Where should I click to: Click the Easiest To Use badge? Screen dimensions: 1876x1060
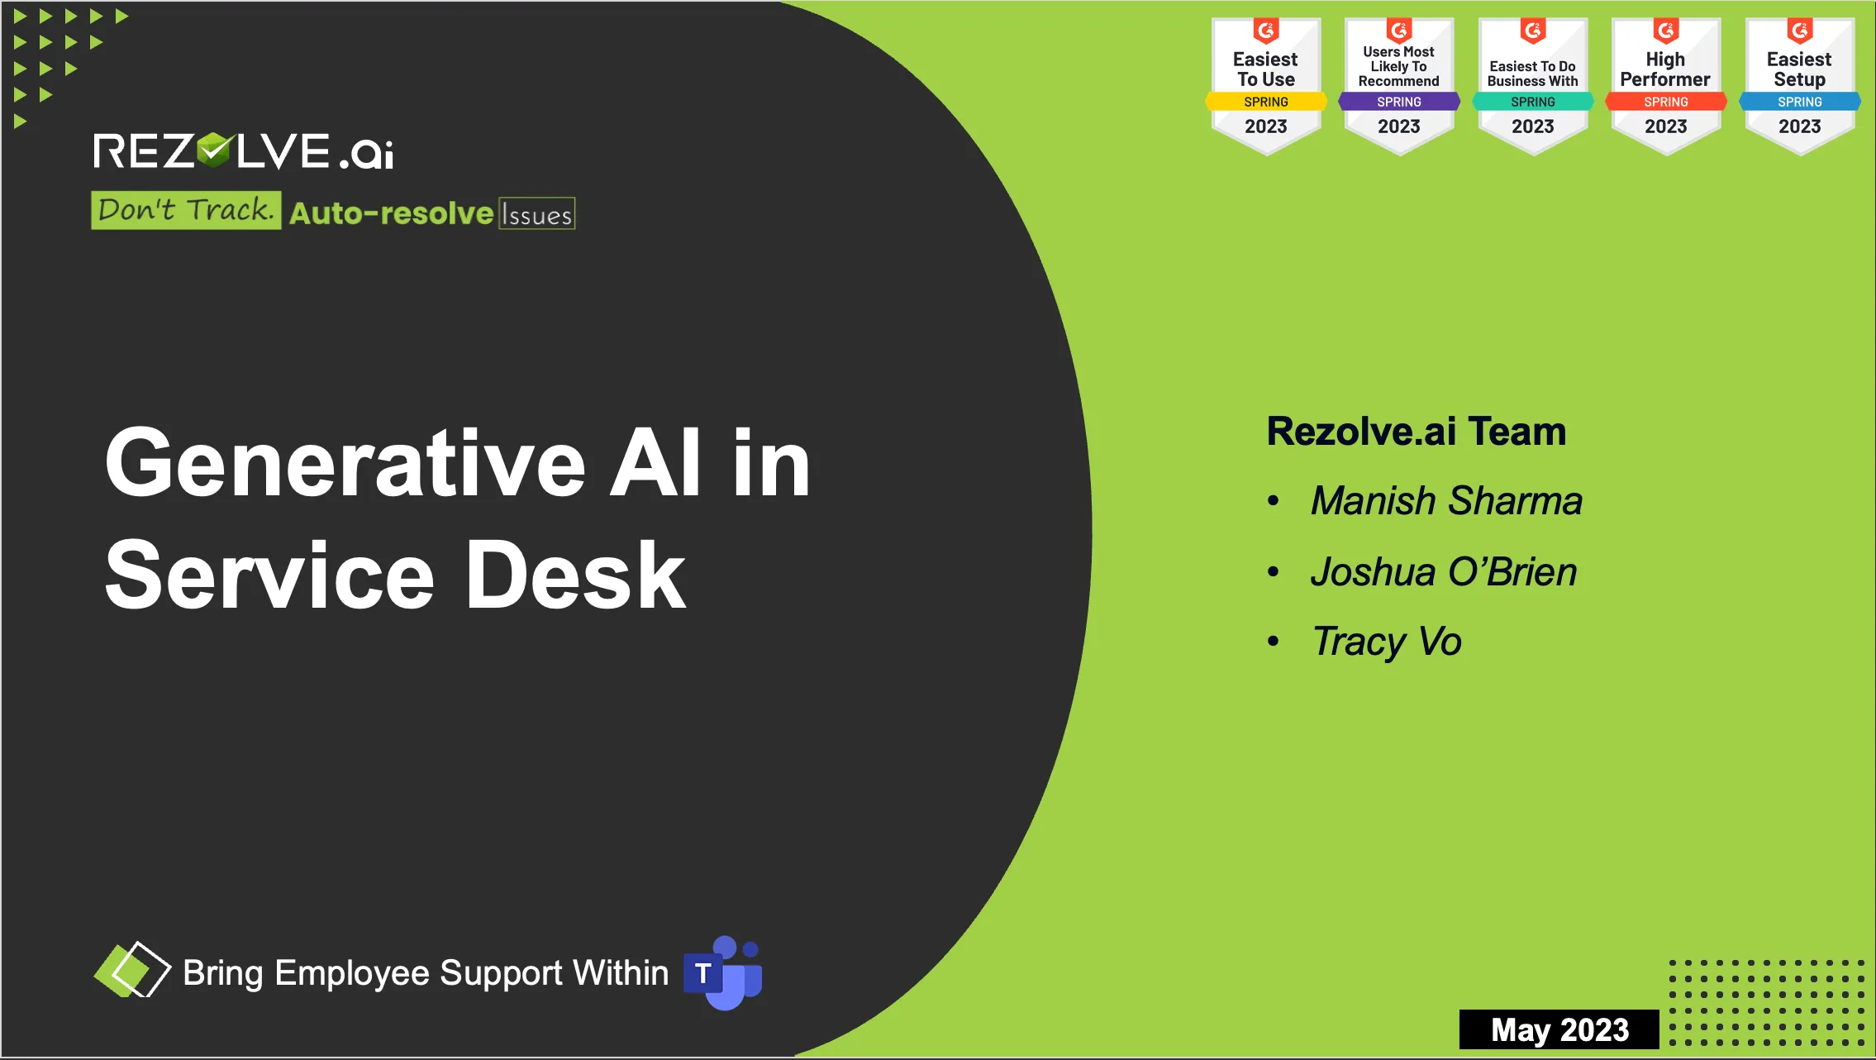click(x=1266, y=86)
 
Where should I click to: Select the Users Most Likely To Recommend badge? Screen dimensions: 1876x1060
click(x=1399, y=86)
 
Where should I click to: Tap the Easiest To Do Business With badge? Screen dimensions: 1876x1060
click(x=1533, y=86)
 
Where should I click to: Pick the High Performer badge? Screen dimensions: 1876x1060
click(x=1666, y=86)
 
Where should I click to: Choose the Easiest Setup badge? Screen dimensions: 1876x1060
click(x=1800, y=86)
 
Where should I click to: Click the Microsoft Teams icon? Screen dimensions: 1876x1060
click(x=723, y=973)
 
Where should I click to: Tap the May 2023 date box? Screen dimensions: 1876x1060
click(x=1559, y=1029)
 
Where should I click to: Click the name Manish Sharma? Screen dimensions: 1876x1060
click(x=1446, y=500)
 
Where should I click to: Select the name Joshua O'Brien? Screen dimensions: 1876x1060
click(x=1444, y=571)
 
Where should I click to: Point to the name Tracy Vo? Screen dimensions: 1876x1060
click(x=1387, y=642)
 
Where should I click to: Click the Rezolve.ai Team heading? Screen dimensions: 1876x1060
click(x=1417, y=432)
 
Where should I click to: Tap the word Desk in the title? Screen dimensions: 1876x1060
click(x=576, y=575)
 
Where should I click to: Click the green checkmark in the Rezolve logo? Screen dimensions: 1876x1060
click(x=215, y=150)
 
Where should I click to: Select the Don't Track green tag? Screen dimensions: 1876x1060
click(x=186, y=210)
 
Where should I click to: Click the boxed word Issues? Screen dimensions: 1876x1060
click(x=536, y=213)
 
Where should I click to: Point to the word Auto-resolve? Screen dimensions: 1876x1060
click(x=391, y=213)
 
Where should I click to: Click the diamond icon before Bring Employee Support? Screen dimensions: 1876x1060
click(x=132, y=969)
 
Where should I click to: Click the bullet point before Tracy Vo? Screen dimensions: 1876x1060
click(x=1274, y=642)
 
